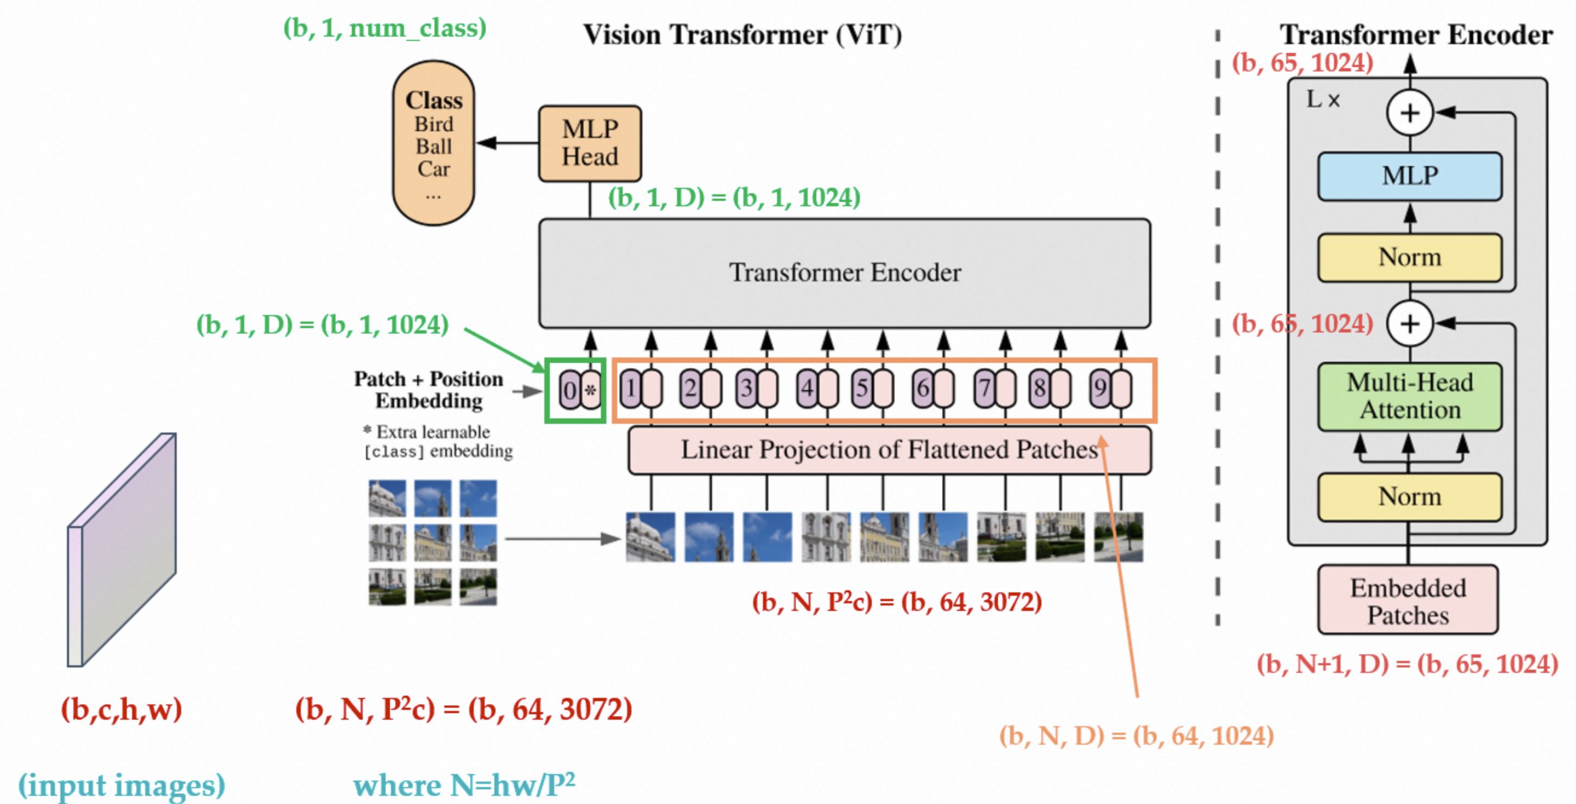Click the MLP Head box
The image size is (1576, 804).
point(590,143)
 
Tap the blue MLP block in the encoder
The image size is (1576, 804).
point(1410,176)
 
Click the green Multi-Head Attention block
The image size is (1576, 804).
point(1410,397)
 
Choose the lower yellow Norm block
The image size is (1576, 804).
point(1410,497)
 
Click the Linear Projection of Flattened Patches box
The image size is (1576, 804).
point(890,450)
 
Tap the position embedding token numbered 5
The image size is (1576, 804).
point(862,388)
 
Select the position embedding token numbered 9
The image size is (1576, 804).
point(1101,388)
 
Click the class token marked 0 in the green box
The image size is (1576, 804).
point(569,390)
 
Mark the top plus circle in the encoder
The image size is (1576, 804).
point(1410,113)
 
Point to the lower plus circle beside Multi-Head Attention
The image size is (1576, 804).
point(1410,324)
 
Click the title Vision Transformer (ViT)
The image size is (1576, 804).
point(743,35)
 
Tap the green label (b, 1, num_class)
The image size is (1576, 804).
point(385,28)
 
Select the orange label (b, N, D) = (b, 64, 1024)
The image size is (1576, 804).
point(1137,735)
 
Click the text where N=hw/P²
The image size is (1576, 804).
point(464,785)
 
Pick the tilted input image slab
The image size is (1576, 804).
point(122,549)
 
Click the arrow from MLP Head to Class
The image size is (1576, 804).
point(507,143)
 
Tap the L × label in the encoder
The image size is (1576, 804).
point(1323,99)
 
